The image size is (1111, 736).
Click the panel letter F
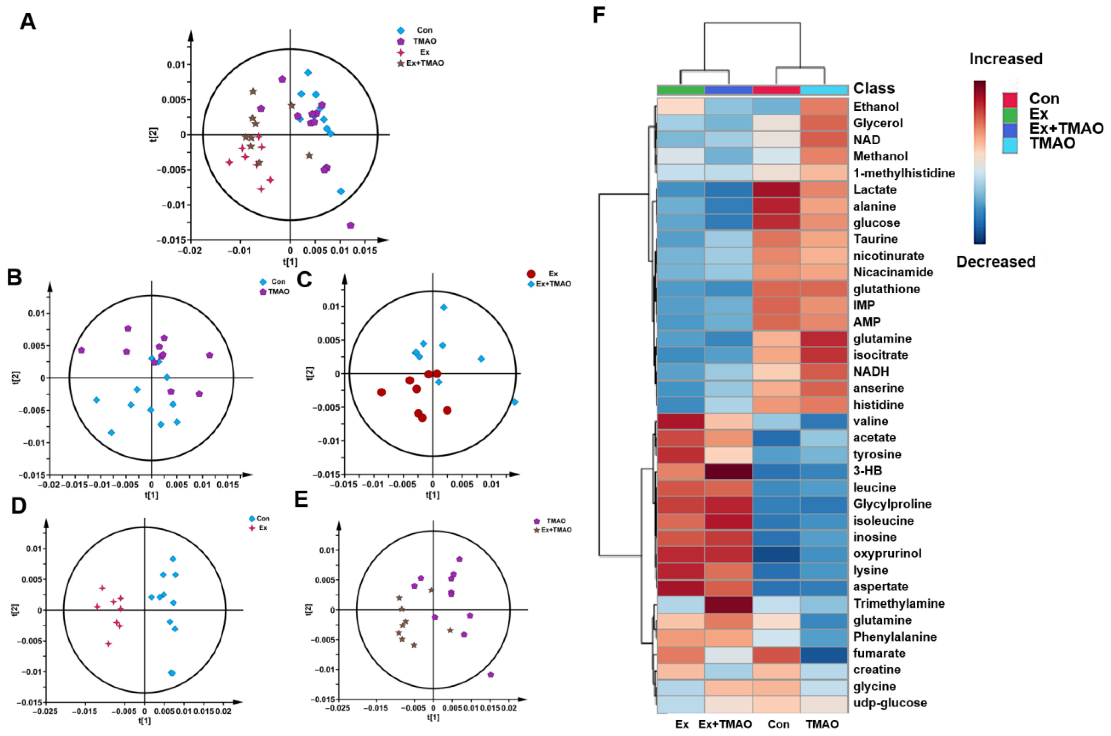(x=599, y=16)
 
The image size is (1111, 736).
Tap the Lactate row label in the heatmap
(x=874, y=190)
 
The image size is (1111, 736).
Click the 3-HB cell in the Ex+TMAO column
(x=728, y=471)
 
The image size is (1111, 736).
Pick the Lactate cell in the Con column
(x=776, y=190)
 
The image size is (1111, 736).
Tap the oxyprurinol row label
(x=887, y=553)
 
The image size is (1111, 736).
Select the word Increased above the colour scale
(x=1006, y=59)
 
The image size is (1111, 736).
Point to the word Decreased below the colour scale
(x=996, y=262)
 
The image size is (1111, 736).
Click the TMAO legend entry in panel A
(x=424, y=41)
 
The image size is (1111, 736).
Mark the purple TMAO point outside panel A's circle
(x=350, y=225)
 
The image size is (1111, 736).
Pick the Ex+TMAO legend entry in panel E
(x=556, y=530)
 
